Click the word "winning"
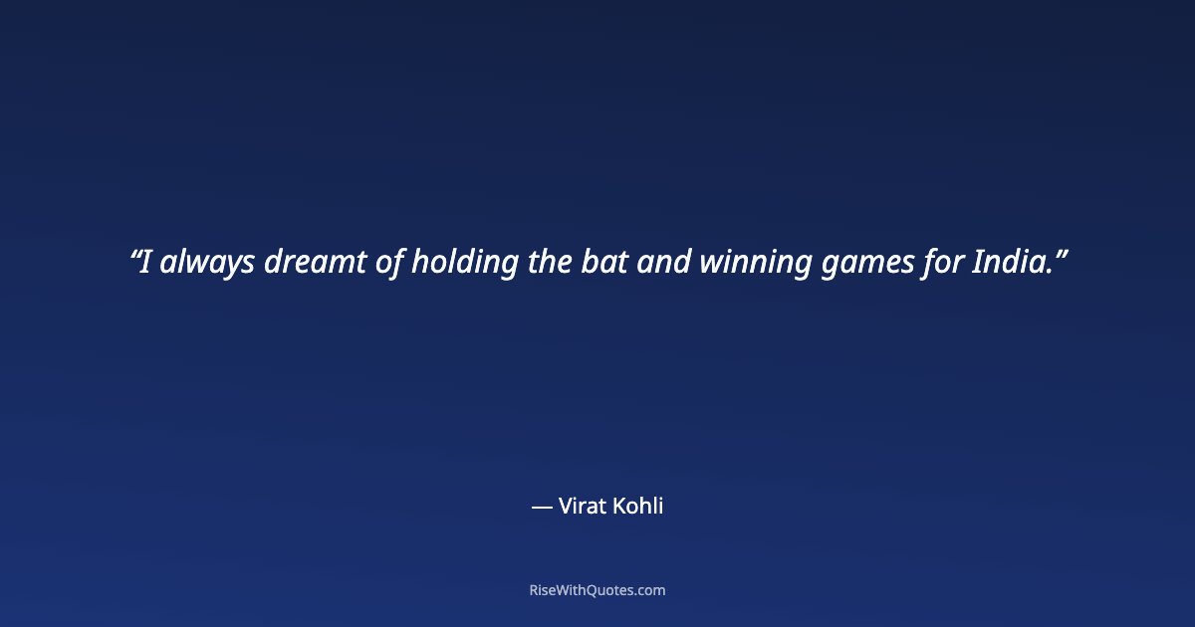click(755, 263)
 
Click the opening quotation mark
click(134, 253)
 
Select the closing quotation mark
click(1062, 253)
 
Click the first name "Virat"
click(583, 506)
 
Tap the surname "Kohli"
click(638, 506)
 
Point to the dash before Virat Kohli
click(542, 507)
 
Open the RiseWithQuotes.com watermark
click(597, 590)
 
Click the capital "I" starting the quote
click(145, 263)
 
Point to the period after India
click(1049, 273)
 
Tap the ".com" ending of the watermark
click(648, 590)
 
